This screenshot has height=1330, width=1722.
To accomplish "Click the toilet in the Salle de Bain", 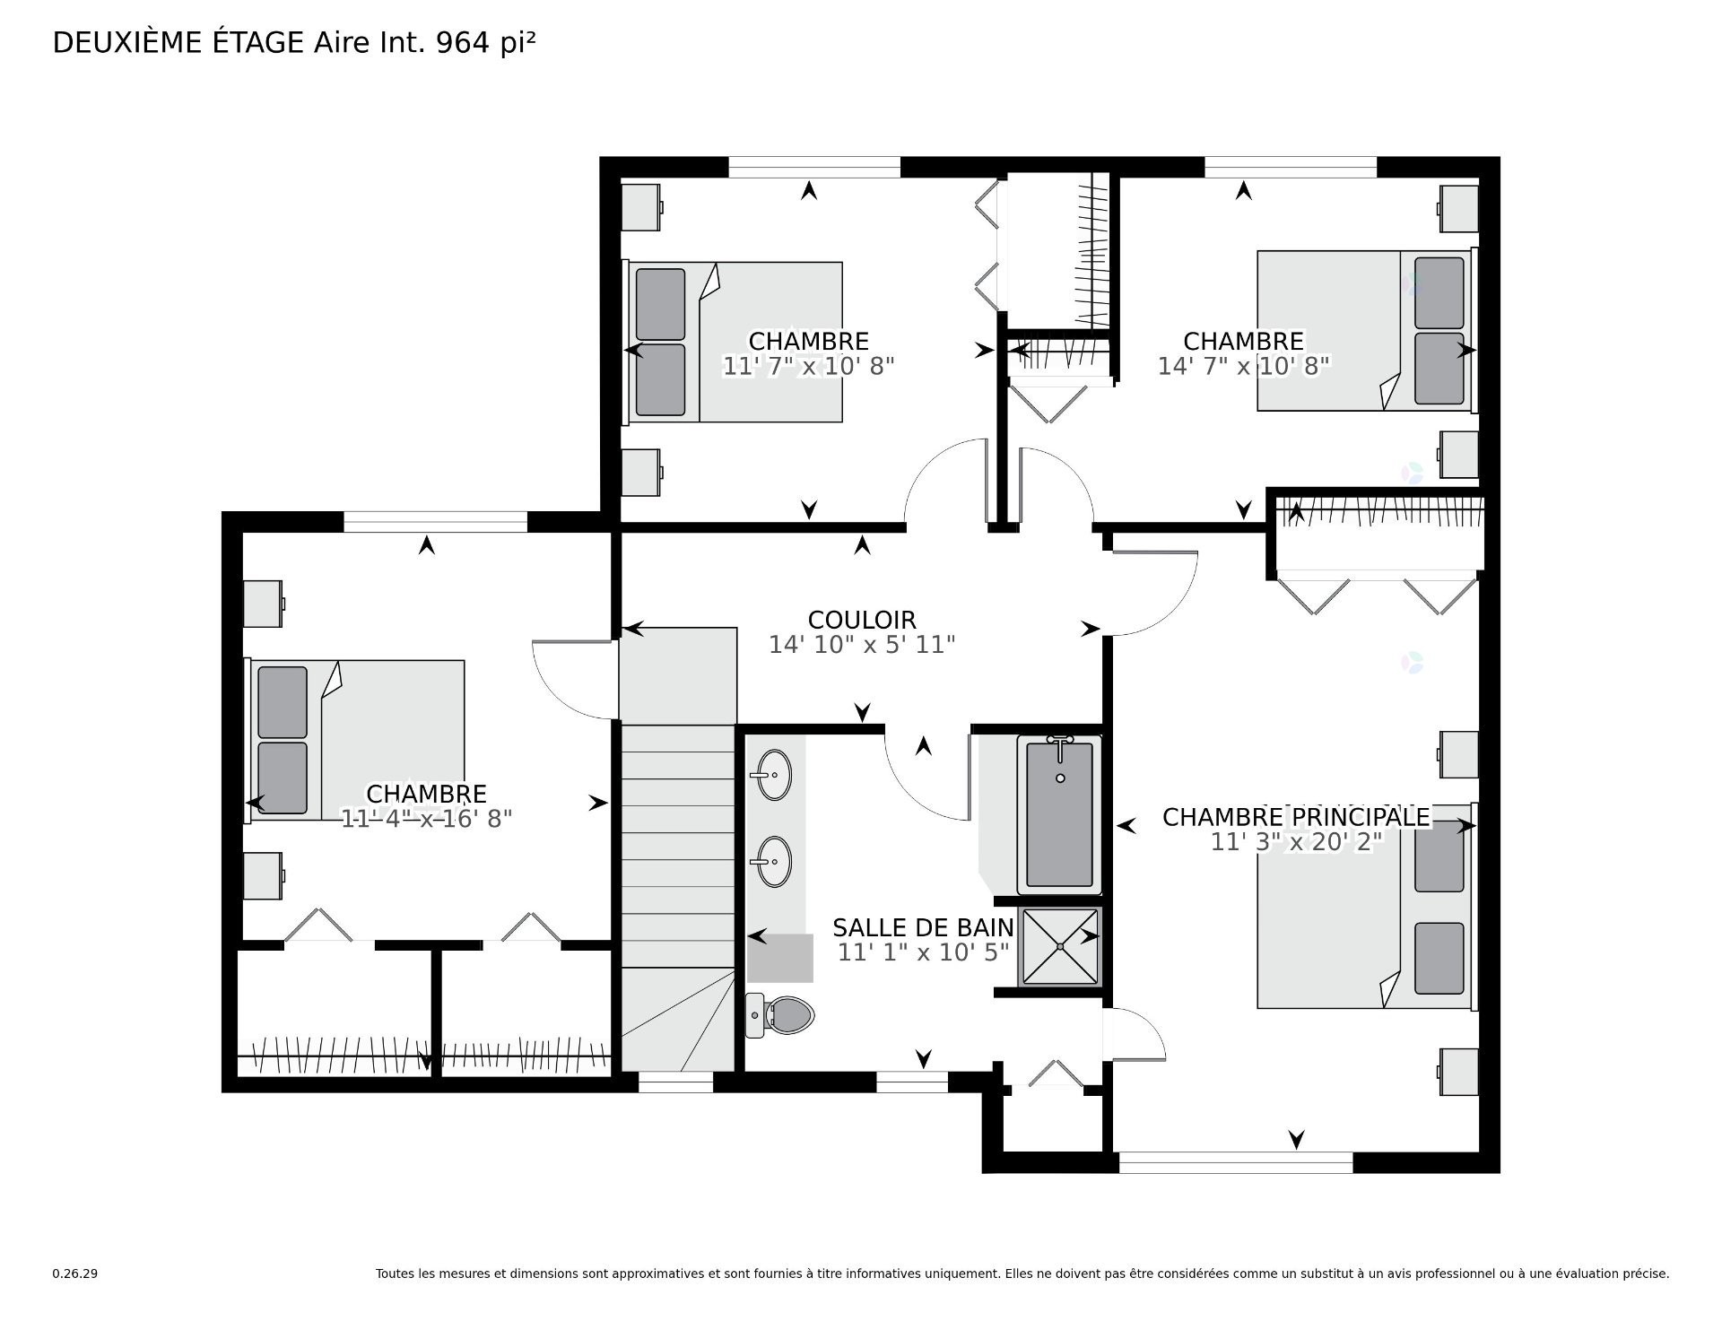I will click(780, 1014).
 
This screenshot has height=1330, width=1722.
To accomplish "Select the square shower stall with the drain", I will click(1059, 946).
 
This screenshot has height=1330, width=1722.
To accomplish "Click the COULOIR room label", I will click(861, 620).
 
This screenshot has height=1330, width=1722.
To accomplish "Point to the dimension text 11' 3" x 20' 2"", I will click(1295, 841).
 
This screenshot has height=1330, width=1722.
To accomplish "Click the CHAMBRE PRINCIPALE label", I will click(1295, 817).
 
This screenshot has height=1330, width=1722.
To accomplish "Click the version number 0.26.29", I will click(74, 1273).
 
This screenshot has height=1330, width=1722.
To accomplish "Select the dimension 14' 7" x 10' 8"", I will click(1242, 366).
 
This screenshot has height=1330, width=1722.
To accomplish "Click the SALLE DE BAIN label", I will click(922, 927).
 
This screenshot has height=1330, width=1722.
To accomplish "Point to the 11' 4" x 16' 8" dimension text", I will click(426, 818).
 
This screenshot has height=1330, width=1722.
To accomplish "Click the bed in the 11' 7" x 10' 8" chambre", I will click(735, 342).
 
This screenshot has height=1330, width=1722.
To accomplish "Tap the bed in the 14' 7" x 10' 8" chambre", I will click(1363, 330).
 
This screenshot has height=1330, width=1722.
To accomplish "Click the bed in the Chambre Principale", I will click(1363, 906).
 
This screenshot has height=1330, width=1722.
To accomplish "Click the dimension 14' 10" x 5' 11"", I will click(861, 644).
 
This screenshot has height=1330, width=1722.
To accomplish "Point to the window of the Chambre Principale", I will click(1235, 1162).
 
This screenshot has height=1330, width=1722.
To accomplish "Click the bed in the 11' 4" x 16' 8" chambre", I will click(357, 741).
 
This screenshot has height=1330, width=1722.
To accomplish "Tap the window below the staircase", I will click(675, 1083).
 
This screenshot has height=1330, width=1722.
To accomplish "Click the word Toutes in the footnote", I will click(394, 1273).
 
